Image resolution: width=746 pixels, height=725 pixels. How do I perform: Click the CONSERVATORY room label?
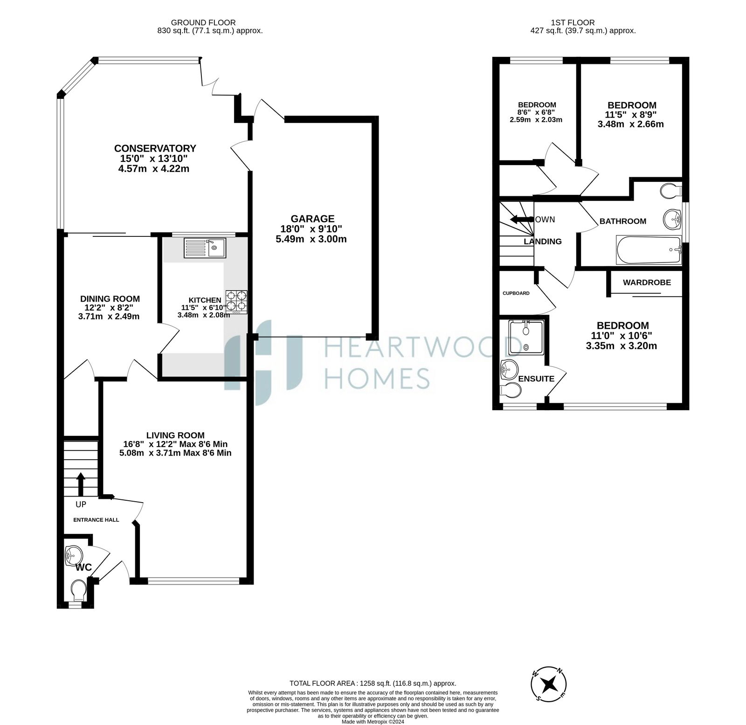[x=155, y=148]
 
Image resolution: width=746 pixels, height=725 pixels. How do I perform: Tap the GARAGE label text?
[x=312, y=219]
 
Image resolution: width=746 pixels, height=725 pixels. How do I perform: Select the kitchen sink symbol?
[x=205, y=248]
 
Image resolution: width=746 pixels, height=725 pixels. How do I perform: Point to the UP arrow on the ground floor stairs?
[x=81, y=484]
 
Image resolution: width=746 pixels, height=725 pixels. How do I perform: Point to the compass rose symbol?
[x=549, y=685]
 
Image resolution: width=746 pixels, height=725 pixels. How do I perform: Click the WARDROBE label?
[x=647, y=283]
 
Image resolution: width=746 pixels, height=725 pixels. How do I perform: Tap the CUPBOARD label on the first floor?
[x=516, y=293]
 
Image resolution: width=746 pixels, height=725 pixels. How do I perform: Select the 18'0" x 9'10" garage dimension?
[x=311, y=229]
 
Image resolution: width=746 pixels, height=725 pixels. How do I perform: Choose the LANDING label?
[x=543, y=242]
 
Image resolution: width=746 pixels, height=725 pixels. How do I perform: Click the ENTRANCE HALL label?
[x=96, y=520]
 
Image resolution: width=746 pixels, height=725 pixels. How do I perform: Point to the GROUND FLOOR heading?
[x=203, y=22]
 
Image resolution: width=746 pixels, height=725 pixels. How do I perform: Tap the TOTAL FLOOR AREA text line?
[x=373, y=683]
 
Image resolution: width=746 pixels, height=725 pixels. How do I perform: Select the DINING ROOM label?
[x=110, y=299]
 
